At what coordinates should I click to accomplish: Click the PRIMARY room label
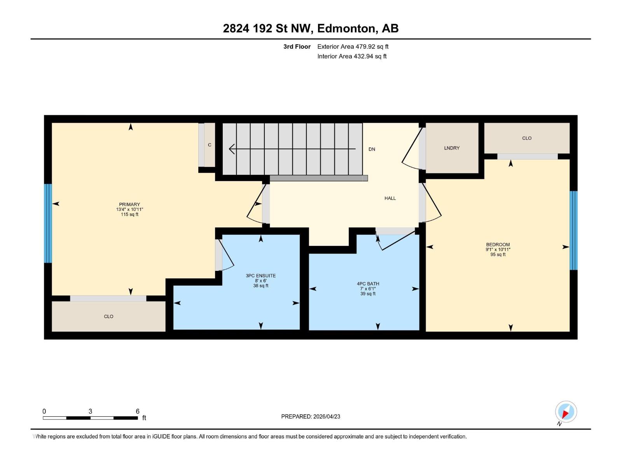tap(129, 204)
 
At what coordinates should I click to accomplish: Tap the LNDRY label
tap(452, 148)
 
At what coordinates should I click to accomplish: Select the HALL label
tap(390, 198)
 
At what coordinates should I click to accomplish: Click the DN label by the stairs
tap(372, 149)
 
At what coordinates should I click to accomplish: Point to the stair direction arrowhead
tap(232, 149)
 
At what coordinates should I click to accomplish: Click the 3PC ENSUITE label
tap(260, 276)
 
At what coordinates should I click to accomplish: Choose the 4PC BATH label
tap(368, 284)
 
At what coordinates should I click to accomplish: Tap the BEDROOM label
tap(498, 244)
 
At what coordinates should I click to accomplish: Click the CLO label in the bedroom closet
tap(527, 138)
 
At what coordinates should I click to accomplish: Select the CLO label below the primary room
tap(108, 316)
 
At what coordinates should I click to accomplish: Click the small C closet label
tap(210, 145)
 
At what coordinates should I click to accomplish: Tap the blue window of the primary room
tap(48, 223)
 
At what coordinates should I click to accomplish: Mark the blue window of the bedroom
tap(573, 230)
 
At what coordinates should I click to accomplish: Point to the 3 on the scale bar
tap(90, 411)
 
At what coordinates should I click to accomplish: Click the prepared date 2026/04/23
tap(327, 416)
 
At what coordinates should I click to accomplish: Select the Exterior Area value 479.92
tap(365, 46)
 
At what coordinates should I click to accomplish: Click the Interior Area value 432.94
tap(363, 56)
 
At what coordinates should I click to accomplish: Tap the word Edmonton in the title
tap(348, 28)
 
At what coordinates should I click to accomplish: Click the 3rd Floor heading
tap(297, 46)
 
